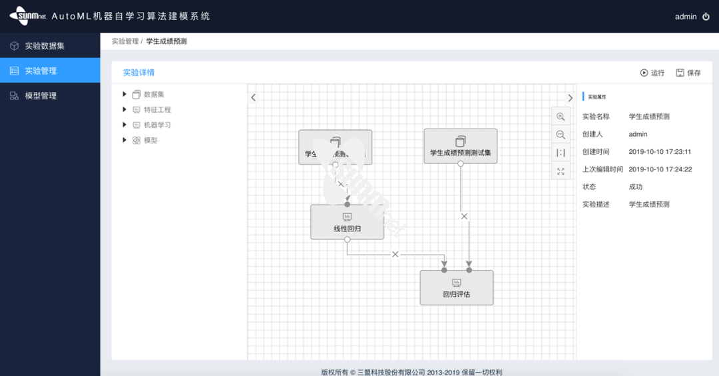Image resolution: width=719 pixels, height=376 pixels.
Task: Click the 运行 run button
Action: [652, 73]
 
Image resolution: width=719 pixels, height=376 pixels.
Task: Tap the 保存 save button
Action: [688, 73]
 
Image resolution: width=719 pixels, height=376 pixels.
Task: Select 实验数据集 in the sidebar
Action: [44, 46]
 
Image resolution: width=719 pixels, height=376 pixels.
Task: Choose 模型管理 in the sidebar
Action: [40, 96]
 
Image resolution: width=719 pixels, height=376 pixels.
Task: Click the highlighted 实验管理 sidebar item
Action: [40, 71]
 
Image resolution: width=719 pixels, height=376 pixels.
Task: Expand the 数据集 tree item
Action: [124, 95]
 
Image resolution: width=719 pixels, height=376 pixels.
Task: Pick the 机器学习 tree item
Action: [157, 125]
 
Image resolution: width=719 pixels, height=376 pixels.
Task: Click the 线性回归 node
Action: [347, 222]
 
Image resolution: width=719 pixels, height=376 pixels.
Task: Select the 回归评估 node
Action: [456, 287]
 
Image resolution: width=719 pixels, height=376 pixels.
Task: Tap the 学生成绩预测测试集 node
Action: [460, 146]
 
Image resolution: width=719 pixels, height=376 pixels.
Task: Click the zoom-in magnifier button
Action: [561, 117]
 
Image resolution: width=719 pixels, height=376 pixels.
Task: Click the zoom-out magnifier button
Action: [561, 135]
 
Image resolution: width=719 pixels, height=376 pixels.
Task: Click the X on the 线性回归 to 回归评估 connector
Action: [395, 254]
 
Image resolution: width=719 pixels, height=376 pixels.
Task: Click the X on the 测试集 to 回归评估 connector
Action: [464, 216]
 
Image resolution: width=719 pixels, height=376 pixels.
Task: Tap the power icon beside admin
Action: [706, 17]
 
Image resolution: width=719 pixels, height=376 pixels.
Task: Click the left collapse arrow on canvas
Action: [253, 97]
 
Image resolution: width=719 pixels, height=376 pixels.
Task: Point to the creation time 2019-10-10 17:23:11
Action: [660, 152]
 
